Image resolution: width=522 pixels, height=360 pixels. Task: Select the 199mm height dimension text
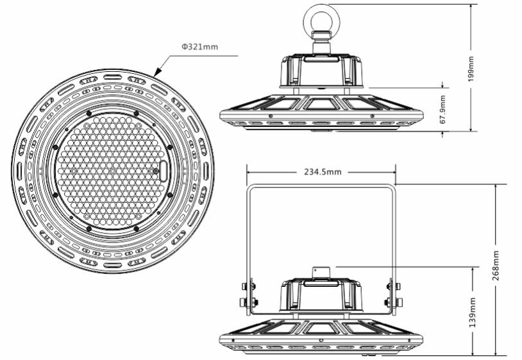click(471, 67)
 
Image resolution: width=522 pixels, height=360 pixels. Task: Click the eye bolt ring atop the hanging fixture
click(321, 18)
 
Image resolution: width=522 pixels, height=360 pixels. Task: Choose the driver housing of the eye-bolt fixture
click(321, 71)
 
